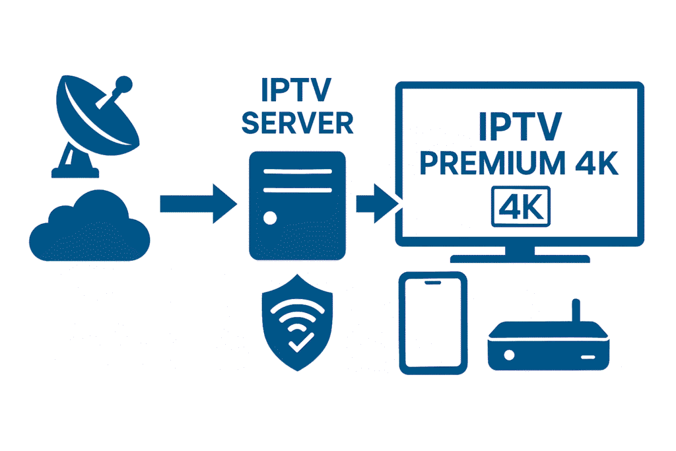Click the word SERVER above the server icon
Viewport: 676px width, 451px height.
(x=297, y=123)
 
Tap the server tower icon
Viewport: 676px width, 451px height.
(x=297, y=205)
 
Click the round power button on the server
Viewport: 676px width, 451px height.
(x=268, y=216)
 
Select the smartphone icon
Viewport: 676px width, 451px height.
(x=434, y=324)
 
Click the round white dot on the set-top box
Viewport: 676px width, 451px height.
(x=510, y=355)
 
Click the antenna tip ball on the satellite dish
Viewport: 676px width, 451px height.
(x=121, y=85)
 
